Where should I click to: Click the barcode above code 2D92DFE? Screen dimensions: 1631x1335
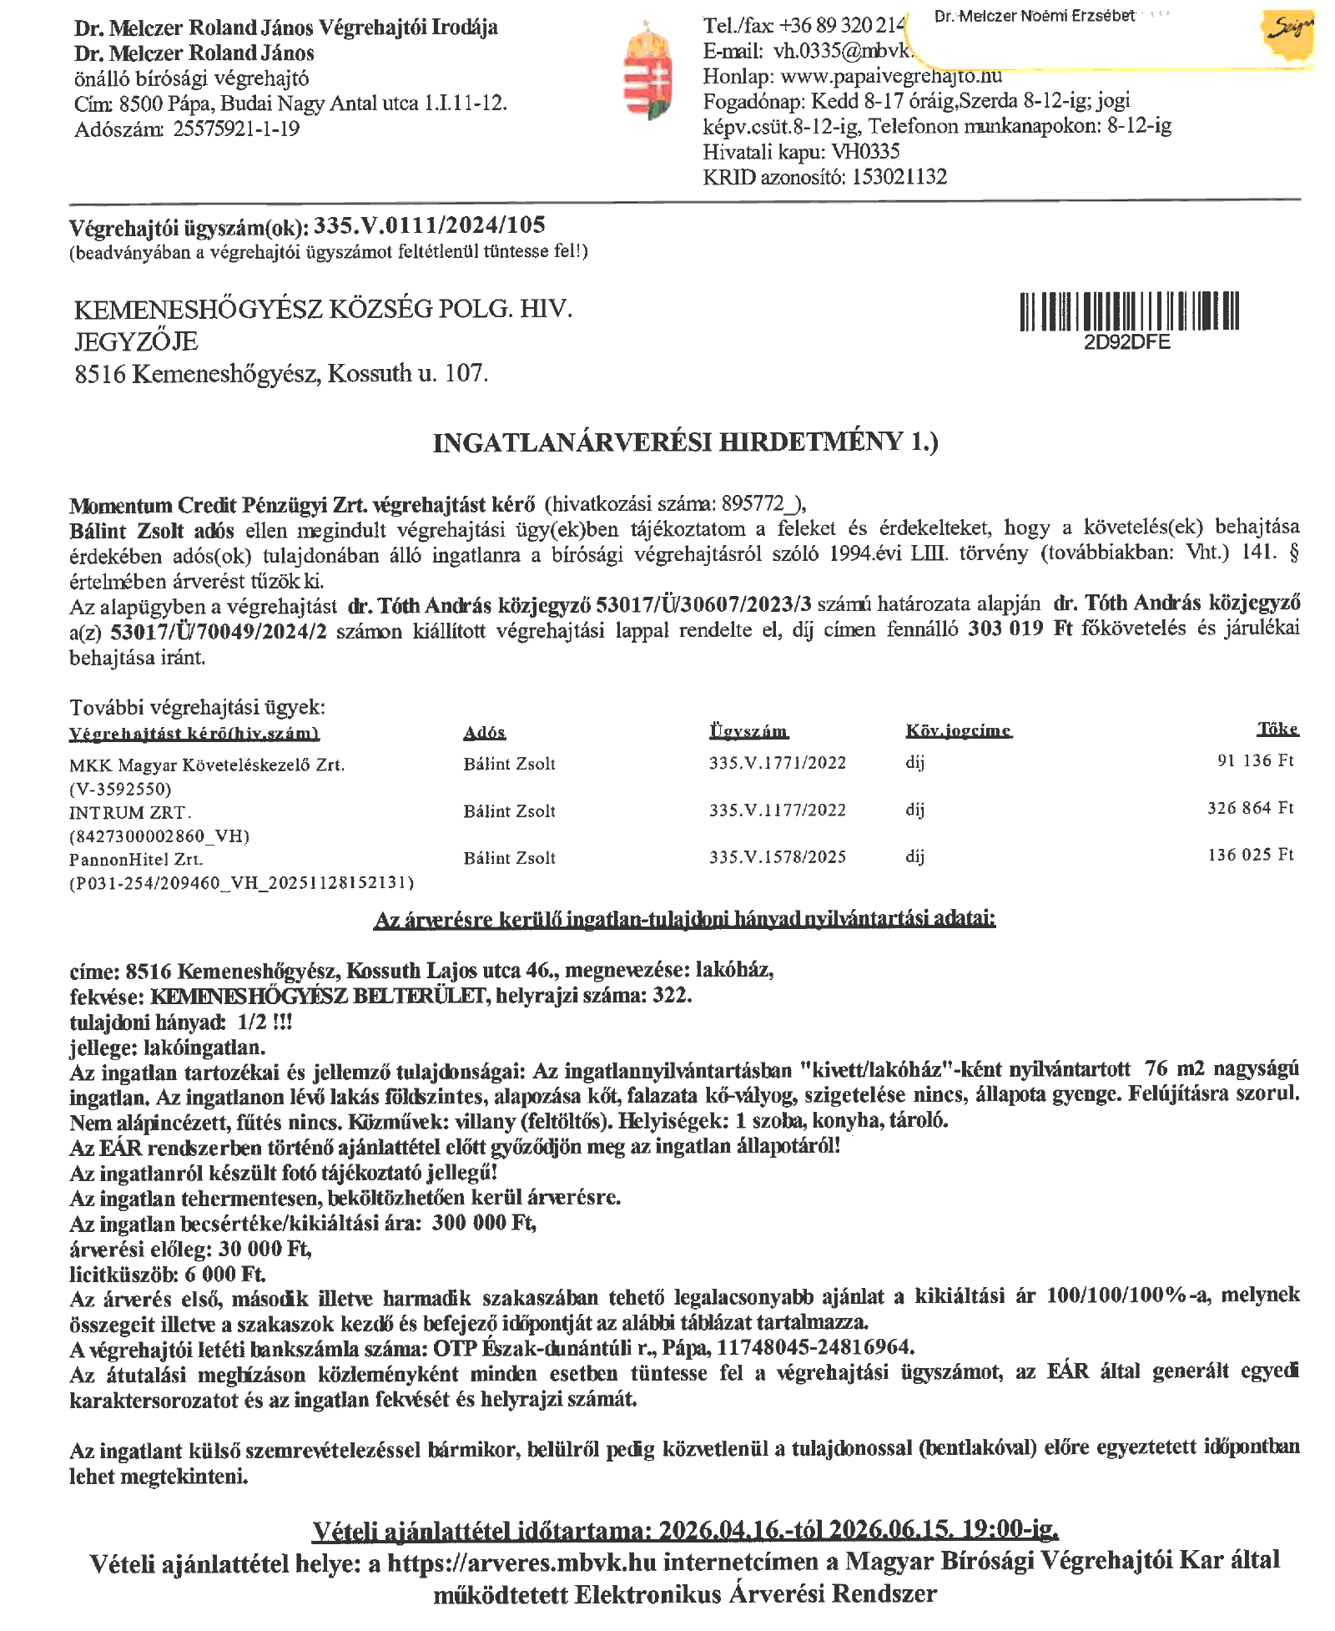click(x=1129, y=311)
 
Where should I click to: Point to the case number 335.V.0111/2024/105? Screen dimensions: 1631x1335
click(x=430, y=225)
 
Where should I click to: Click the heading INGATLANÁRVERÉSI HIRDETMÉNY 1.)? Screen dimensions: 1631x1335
click(x=685, y=442)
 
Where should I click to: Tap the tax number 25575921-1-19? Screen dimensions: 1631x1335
click(x=236, y=129)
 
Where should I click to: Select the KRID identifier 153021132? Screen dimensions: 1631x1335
click(x=899, y=177)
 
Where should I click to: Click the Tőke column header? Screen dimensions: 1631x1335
click(x=1277, y=730)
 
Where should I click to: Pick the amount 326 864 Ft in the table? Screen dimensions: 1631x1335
click(x=1250, y=808)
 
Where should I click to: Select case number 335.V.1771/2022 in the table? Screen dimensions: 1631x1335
click(x=778, y=763)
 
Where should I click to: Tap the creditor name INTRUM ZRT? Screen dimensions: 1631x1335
click(x=130, y=812)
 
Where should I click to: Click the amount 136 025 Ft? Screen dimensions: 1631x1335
click(x=1250, y=855)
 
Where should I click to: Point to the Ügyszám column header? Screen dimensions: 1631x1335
click(x=748, y=732)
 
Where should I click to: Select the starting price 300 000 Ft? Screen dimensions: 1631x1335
click(x=483, y=1223)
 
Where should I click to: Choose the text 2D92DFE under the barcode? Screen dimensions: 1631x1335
click(x=1126, y=342)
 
